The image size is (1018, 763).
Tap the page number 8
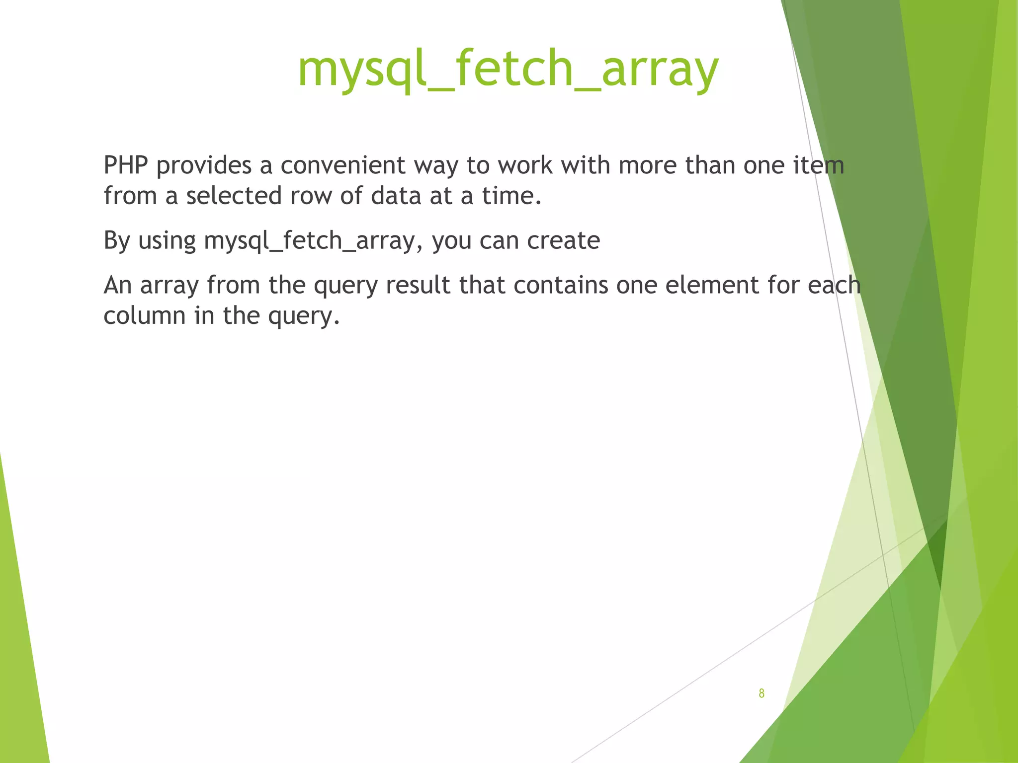(x=762, y=693)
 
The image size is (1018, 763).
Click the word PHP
(x=126, y=165)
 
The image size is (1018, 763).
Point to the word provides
(x=204, y=166)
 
